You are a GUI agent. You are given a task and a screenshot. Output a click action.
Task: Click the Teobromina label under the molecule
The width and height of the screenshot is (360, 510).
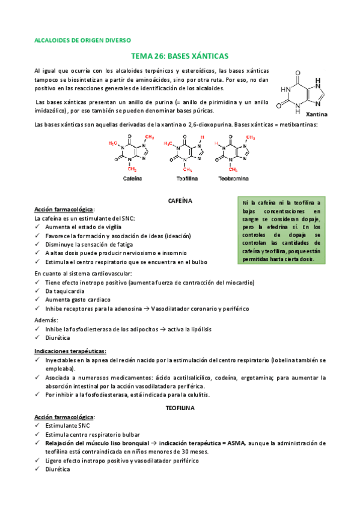(233, 179)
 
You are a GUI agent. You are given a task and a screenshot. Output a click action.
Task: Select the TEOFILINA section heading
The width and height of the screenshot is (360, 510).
(180, 407)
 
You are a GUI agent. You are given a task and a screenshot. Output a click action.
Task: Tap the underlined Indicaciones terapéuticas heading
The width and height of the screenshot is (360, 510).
(70, 351)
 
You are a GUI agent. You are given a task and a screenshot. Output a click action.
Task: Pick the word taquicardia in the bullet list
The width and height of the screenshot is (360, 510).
(66, 290)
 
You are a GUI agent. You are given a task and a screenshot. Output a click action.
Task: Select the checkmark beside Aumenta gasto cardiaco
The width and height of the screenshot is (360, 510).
(38, 300)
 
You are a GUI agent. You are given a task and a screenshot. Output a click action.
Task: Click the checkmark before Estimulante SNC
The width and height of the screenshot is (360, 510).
(38, 425)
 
